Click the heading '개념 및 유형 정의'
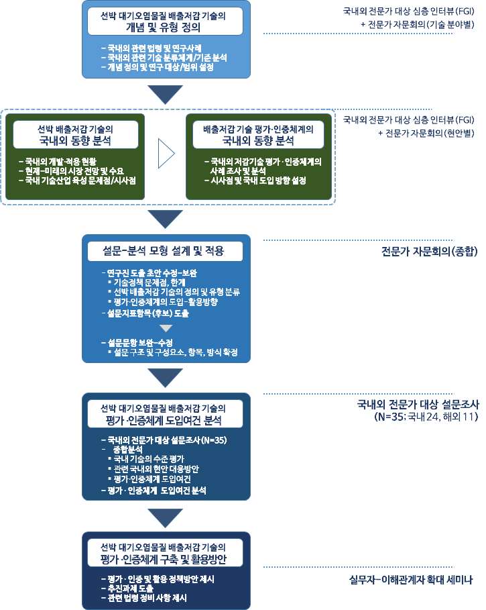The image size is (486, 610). point(163,28)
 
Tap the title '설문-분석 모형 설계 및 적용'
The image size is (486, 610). point(163,251)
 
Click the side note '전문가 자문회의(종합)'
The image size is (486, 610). point(429,251)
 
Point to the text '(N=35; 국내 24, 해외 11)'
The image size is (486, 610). point(426,417)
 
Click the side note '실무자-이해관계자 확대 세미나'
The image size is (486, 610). point(411,580)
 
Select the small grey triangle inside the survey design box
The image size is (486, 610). point(166,328)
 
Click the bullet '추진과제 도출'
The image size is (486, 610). point(127,589)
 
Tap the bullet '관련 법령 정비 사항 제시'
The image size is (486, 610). point(144,598)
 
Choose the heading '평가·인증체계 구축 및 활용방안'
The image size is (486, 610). point(163,560)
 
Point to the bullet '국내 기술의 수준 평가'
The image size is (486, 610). point(146,460)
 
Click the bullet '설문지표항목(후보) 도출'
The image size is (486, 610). point(145,313)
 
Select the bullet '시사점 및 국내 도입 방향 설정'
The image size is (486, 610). point(255,181)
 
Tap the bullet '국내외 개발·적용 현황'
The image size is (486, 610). point(58,162)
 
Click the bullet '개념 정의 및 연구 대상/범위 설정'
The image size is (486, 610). point(158,67)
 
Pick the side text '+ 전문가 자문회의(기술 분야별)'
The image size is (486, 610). point(418,25)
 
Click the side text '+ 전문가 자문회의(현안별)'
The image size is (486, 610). point(426,134)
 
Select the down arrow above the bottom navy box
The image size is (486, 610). point(166,518)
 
